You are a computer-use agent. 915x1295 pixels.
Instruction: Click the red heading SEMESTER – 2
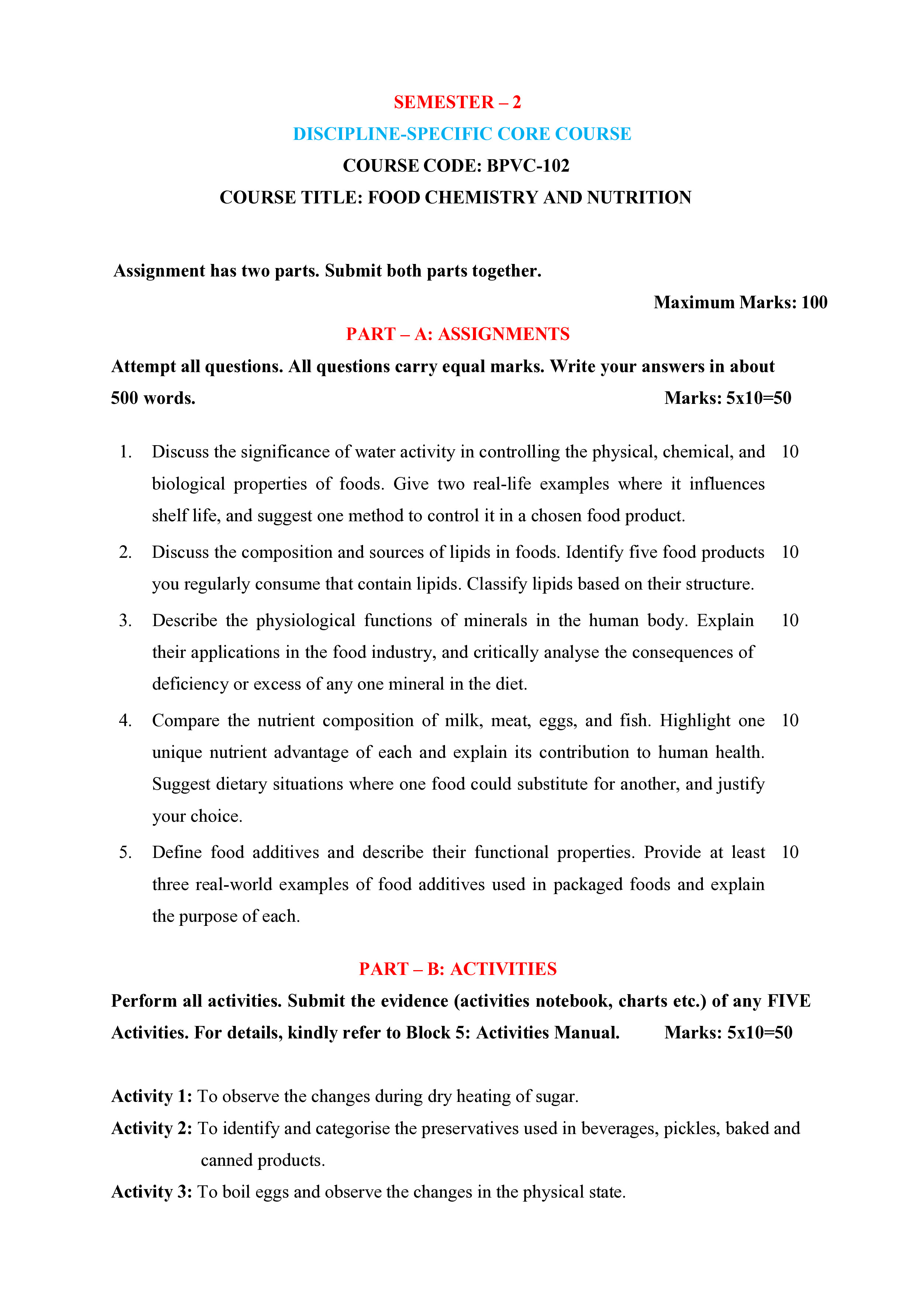(x=457, y=102)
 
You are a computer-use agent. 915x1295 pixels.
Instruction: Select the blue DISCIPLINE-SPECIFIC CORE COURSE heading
(x=462, y=134)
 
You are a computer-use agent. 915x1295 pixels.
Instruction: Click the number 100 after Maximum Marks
(x=814, y=302)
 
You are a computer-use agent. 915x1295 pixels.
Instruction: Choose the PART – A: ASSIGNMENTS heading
(x=457, y=334)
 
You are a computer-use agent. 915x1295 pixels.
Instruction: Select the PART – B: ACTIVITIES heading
(x=457, y=969)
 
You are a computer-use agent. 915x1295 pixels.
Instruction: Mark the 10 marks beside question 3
(x=790, y=621)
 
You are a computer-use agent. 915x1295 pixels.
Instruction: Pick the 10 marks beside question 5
(x=790, y=852)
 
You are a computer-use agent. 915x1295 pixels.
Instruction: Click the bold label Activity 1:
(x=152, y=1096)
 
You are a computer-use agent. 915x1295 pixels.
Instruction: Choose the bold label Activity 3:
(x=152, y=1192)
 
